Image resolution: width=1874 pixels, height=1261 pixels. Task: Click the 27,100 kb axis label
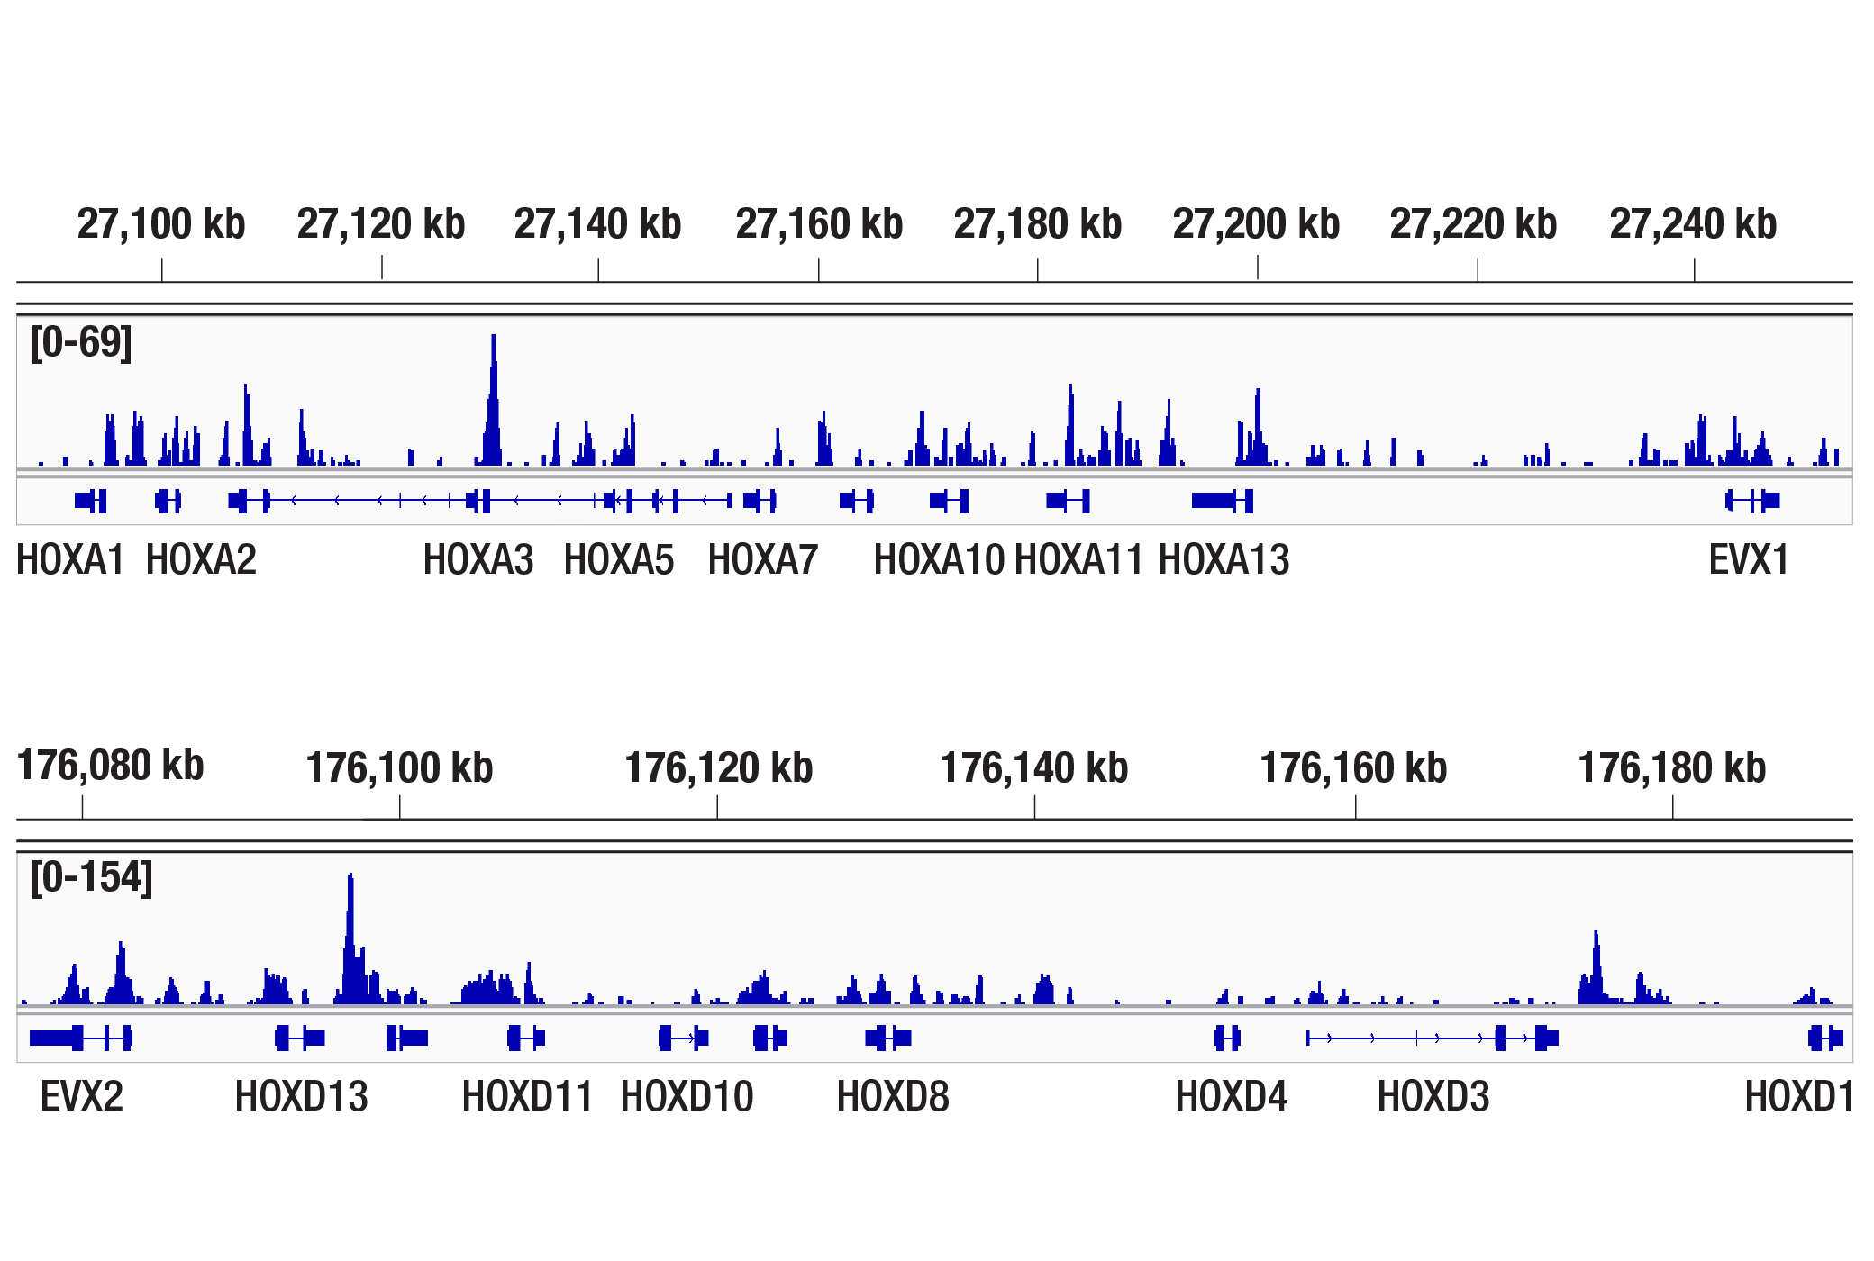[161, 224]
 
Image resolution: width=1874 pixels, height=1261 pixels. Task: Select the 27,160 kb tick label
[819, 224]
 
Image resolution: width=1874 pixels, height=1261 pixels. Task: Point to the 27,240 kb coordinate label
[1693, 224]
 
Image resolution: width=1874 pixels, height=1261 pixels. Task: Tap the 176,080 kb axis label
[111, 767]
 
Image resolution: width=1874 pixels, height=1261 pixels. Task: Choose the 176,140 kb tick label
[1034, 768]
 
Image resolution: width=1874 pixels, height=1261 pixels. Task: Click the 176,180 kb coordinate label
[1672, 768]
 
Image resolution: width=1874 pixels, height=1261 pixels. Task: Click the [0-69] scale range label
[81, 342]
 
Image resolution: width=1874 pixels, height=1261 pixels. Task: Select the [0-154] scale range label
[92, 877]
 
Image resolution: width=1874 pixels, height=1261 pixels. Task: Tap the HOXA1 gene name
[70, 560]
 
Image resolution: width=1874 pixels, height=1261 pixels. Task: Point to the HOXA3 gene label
[478, 560]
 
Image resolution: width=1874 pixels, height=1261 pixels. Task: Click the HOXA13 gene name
[1224, 560]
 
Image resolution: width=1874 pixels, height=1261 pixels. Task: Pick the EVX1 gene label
[1749, 560]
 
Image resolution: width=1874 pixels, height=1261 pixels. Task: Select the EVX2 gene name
[82, 1097]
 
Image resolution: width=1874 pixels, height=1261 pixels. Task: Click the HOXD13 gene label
[302, 1097]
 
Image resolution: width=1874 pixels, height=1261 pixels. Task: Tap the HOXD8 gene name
[893, 1097]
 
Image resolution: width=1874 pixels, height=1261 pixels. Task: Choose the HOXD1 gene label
[1799, 1097]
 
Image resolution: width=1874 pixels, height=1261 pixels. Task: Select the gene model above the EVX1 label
[1753, 500]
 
